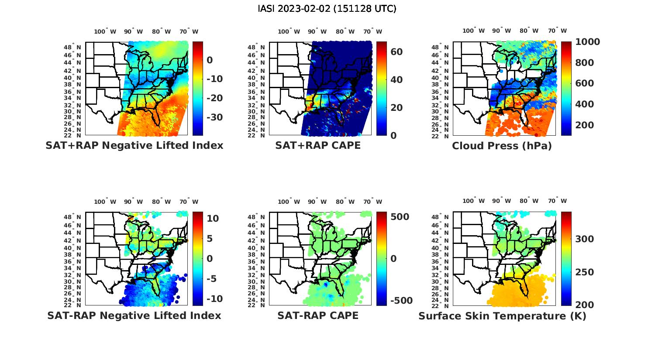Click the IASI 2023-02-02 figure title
[327, 9]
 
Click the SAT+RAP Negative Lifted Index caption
[134, 145]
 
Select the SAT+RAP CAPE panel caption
[318, 145]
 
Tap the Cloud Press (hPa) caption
[502, 146]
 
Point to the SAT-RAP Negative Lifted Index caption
[134, 315]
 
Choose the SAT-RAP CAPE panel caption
[318, 315]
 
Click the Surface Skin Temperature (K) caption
[502, 316]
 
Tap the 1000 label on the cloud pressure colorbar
[587, 42]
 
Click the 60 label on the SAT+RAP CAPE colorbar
[396, 52]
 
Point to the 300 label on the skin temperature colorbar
[584, 239]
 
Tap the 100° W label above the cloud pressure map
[474, 31]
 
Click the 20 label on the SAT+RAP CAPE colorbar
[396, 108]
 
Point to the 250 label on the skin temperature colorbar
[584, 272]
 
